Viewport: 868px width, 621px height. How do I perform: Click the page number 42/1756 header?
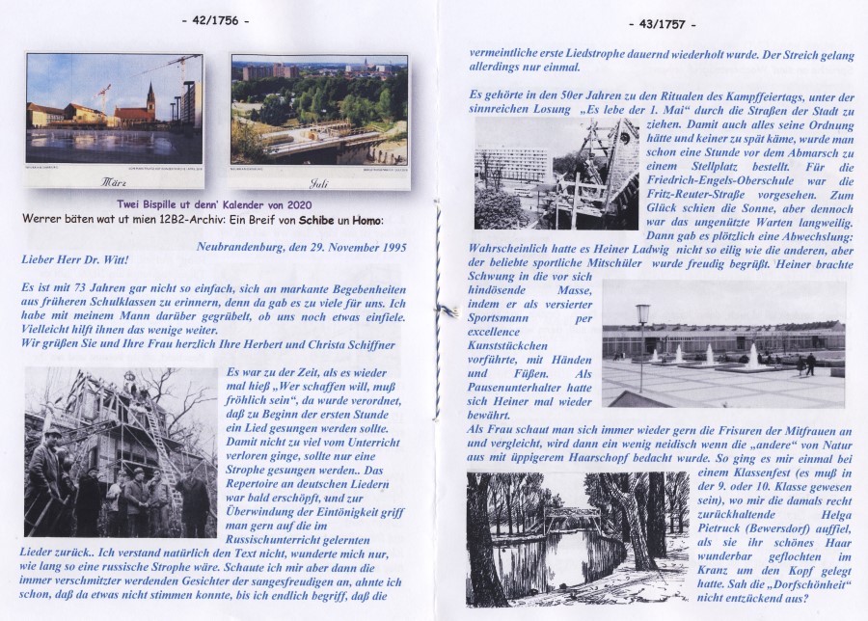click(215, 19)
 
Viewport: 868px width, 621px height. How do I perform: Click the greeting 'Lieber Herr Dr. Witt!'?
click(73, 260)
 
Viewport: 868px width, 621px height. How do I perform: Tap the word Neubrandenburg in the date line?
click(246, 248)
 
